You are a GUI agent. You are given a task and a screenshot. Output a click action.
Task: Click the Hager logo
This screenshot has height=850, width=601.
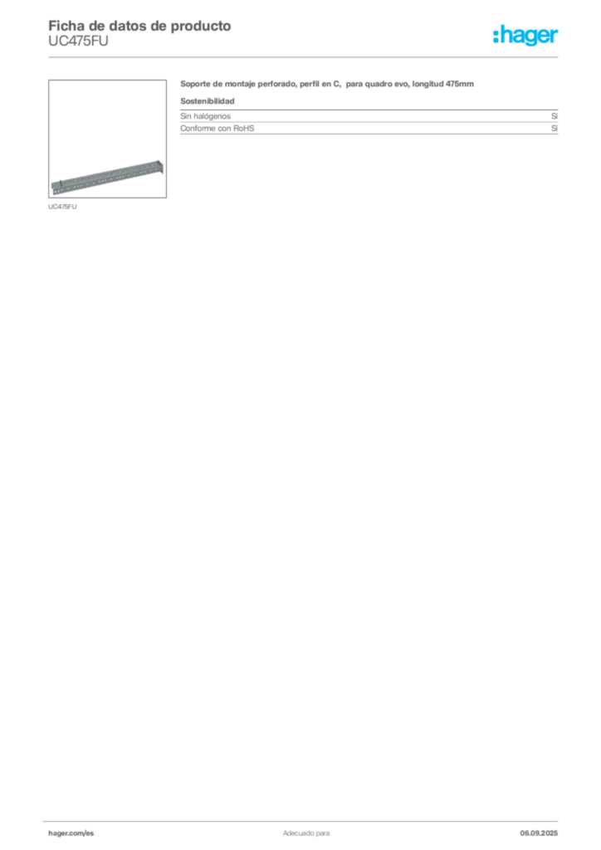click(x=525, y=36)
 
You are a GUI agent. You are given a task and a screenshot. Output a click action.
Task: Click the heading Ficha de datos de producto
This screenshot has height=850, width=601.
click(x=139, y=26)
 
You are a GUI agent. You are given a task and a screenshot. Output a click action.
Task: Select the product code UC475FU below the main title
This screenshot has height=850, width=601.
click(x=78, y=42)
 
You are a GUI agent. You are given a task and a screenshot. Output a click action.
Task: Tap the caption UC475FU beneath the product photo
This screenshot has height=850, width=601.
click(x=62, y=207)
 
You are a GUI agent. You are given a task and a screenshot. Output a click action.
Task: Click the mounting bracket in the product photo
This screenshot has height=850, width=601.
click(x=107, y=178)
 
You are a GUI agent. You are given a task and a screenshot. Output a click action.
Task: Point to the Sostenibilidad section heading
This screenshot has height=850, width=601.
click(x=208, y=101)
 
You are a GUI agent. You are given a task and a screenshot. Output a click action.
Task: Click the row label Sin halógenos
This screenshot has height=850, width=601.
click(x=205, y=116)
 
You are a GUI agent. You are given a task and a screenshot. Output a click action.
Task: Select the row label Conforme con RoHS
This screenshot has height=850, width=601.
click(x=217, y=129)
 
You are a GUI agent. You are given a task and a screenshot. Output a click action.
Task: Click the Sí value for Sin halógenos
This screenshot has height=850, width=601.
click(x=555, y=116)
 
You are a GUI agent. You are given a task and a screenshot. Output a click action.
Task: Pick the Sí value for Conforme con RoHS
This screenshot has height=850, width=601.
click(x=555, y=129)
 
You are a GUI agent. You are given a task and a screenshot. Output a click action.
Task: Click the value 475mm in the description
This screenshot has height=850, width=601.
click(x=460, y=84)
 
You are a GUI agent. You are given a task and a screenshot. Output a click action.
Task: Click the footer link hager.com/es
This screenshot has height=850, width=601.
click(x=71, y=833)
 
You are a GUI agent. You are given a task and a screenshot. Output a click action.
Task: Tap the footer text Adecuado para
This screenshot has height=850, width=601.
click(x=306, y=833)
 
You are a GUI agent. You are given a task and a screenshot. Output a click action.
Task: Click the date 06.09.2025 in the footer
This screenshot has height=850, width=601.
click(x=539, y=833)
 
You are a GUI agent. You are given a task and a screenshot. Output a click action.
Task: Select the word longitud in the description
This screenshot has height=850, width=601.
click(x=428, y=84)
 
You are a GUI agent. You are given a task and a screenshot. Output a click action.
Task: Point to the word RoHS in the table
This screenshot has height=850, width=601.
click(x=244, y=129)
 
